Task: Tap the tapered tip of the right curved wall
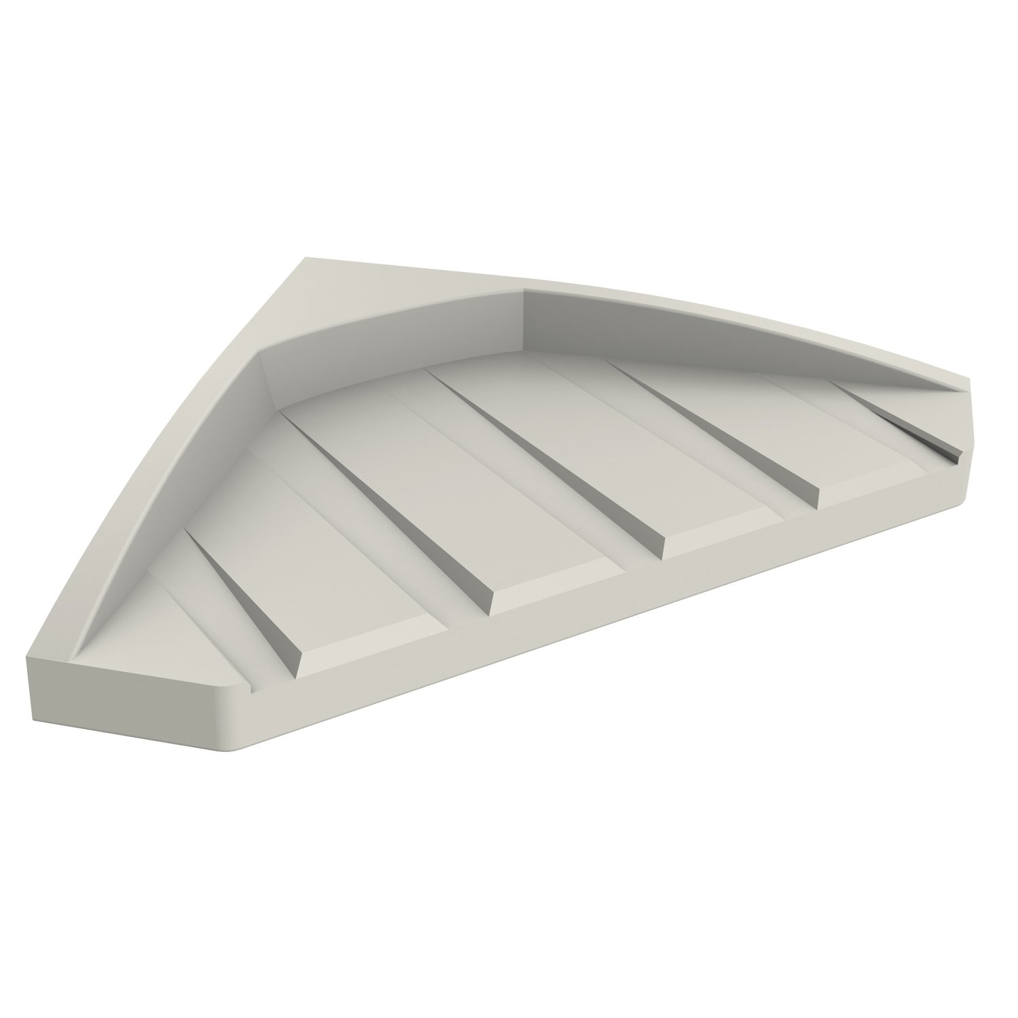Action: (950, 391)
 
